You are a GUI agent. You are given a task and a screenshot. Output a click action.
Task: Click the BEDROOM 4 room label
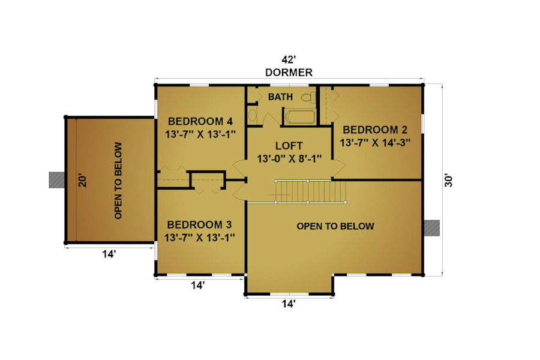pos(200,121)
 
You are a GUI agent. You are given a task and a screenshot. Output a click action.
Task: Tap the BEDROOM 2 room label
pos(375,130)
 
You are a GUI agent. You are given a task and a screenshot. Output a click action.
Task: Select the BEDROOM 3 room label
pos(199,224)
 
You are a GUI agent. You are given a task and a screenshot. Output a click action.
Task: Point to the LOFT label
pos(289,146)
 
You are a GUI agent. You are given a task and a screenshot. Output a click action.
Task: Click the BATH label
pos(280,97)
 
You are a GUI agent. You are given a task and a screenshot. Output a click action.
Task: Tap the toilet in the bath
pos(309,97)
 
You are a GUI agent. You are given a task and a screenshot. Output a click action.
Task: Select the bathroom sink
pos(253,115)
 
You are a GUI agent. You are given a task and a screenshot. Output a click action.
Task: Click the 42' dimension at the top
pos(289,59)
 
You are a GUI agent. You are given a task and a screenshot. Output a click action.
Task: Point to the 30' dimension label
pos(448,181)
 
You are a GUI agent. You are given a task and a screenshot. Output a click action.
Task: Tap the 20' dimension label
pos(83,181)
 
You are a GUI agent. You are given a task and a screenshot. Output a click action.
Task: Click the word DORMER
pos(289,73)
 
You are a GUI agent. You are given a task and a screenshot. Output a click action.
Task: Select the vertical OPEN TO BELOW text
pos(118,180)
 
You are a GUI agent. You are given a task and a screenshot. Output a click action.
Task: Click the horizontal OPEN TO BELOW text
pos(335,226)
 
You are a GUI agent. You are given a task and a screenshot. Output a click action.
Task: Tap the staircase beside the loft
pos(310,191)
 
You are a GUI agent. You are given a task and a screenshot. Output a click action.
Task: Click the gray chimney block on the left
pos(57,180)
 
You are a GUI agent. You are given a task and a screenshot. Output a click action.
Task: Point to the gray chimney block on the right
pos(432,228)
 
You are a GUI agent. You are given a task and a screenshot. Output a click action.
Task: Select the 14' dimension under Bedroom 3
pos(198,285)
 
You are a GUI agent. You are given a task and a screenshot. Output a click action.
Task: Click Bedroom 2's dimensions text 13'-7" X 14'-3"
pos(375,143)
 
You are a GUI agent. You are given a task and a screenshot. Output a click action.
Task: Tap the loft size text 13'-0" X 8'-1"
pos(289,159)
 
